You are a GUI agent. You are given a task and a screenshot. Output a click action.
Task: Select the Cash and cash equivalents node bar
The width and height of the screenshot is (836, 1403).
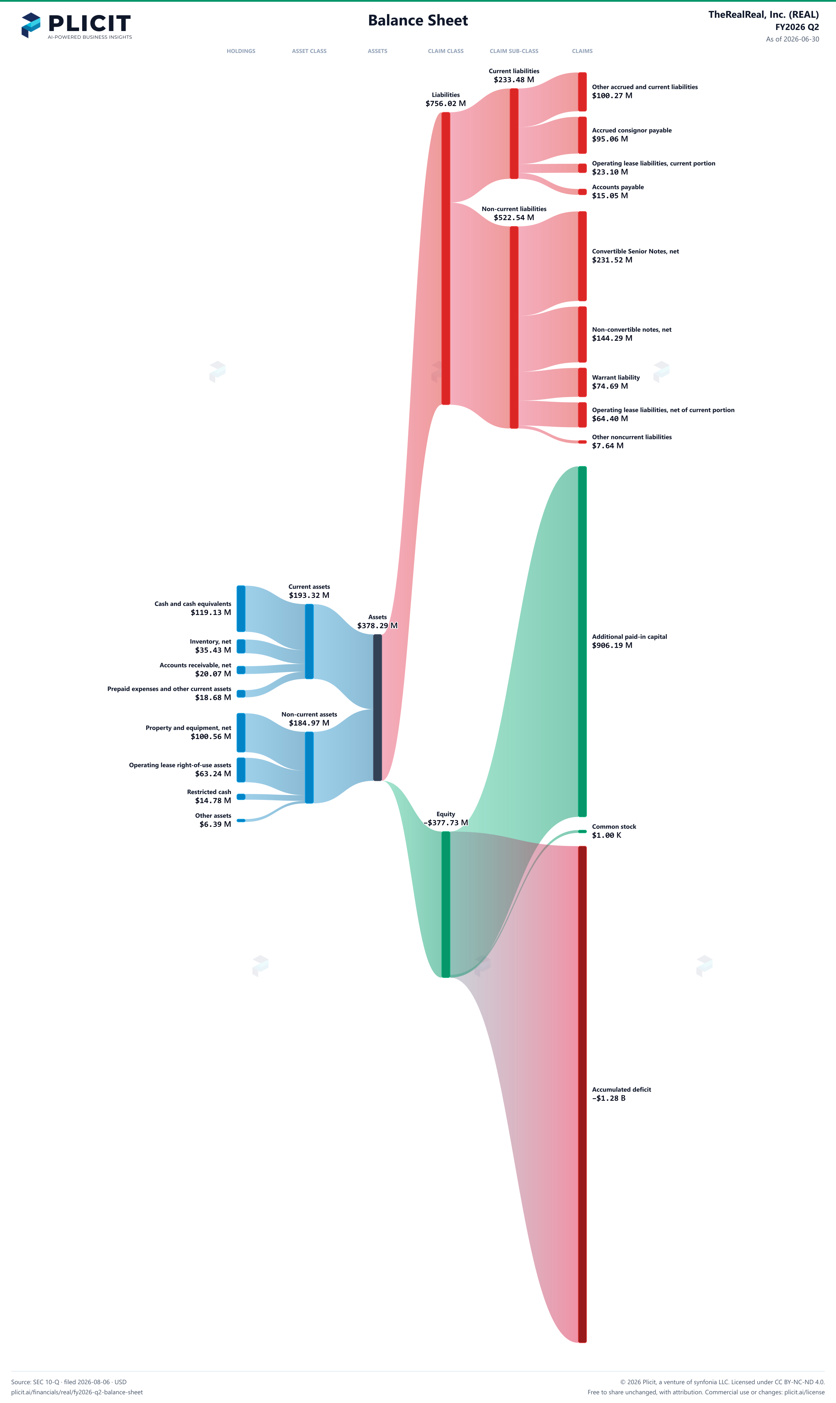pos(241,609)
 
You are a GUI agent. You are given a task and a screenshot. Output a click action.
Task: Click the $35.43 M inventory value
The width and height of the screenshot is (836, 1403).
pos(213,650)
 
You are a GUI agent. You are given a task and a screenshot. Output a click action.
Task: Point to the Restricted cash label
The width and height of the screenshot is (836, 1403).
pos(209,792)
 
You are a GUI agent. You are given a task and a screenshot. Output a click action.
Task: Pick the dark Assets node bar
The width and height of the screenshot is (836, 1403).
pos(378,708)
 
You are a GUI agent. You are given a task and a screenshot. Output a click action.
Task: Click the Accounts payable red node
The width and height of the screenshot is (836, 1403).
pos(582,192)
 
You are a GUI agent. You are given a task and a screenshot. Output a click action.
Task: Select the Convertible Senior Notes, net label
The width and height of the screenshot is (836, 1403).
pos(635,251)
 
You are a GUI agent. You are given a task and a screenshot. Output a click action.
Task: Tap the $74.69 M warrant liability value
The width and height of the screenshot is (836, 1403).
pos(610,386)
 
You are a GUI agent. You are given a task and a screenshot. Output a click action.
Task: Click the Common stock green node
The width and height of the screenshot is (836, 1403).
pos(582,831)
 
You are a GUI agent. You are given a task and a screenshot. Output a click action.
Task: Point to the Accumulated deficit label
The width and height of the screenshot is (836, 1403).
pos(621,1089)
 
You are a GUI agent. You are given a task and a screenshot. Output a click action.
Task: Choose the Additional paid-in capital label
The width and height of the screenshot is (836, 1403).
pos(629,637)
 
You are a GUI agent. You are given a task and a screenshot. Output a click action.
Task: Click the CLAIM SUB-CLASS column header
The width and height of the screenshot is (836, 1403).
pos(514,51)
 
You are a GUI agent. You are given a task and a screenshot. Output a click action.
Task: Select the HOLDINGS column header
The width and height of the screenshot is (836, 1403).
pos(241,51)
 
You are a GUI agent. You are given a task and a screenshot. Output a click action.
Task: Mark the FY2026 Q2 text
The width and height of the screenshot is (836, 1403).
pos(797,27)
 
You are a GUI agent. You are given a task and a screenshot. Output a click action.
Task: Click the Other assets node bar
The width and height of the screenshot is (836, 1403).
pos(241,820)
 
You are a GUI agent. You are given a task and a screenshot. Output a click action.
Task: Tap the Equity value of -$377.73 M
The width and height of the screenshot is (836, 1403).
pos(446,823)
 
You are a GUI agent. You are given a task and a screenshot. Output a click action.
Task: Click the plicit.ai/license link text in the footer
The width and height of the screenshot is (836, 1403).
pos(804,1392)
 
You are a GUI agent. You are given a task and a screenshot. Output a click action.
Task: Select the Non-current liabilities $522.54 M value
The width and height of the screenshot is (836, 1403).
pos(514,217)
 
